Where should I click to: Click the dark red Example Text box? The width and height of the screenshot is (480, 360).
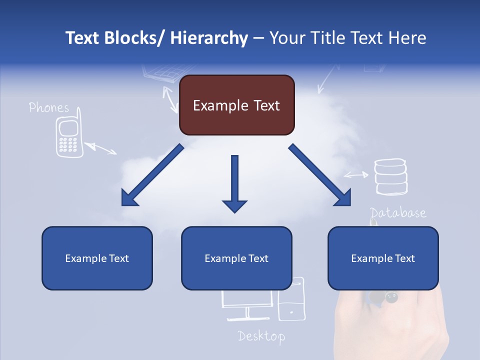pyautogui.click(x=236, y=105)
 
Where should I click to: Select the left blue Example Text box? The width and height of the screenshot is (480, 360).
pyautogui.click(x=97, y=258)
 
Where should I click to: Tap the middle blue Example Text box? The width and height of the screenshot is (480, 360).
pyautogui.click(x=236, y=258)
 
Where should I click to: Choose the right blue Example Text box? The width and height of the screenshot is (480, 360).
pyautogui.click(x=383, y=258)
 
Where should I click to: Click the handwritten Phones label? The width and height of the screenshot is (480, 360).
pyautogui.click(x=48, y=107)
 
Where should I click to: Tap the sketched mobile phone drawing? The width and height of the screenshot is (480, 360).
pyautogui.click(x=68, y=137)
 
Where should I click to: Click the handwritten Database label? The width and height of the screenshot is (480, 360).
pyautogui.click(x=398, y=213)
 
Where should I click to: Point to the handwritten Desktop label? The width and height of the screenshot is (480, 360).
pyautogui.click(x=261, y=336)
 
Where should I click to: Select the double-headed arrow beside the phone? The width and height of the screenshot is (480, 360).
pyautogui.click(x=100, y=148)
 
